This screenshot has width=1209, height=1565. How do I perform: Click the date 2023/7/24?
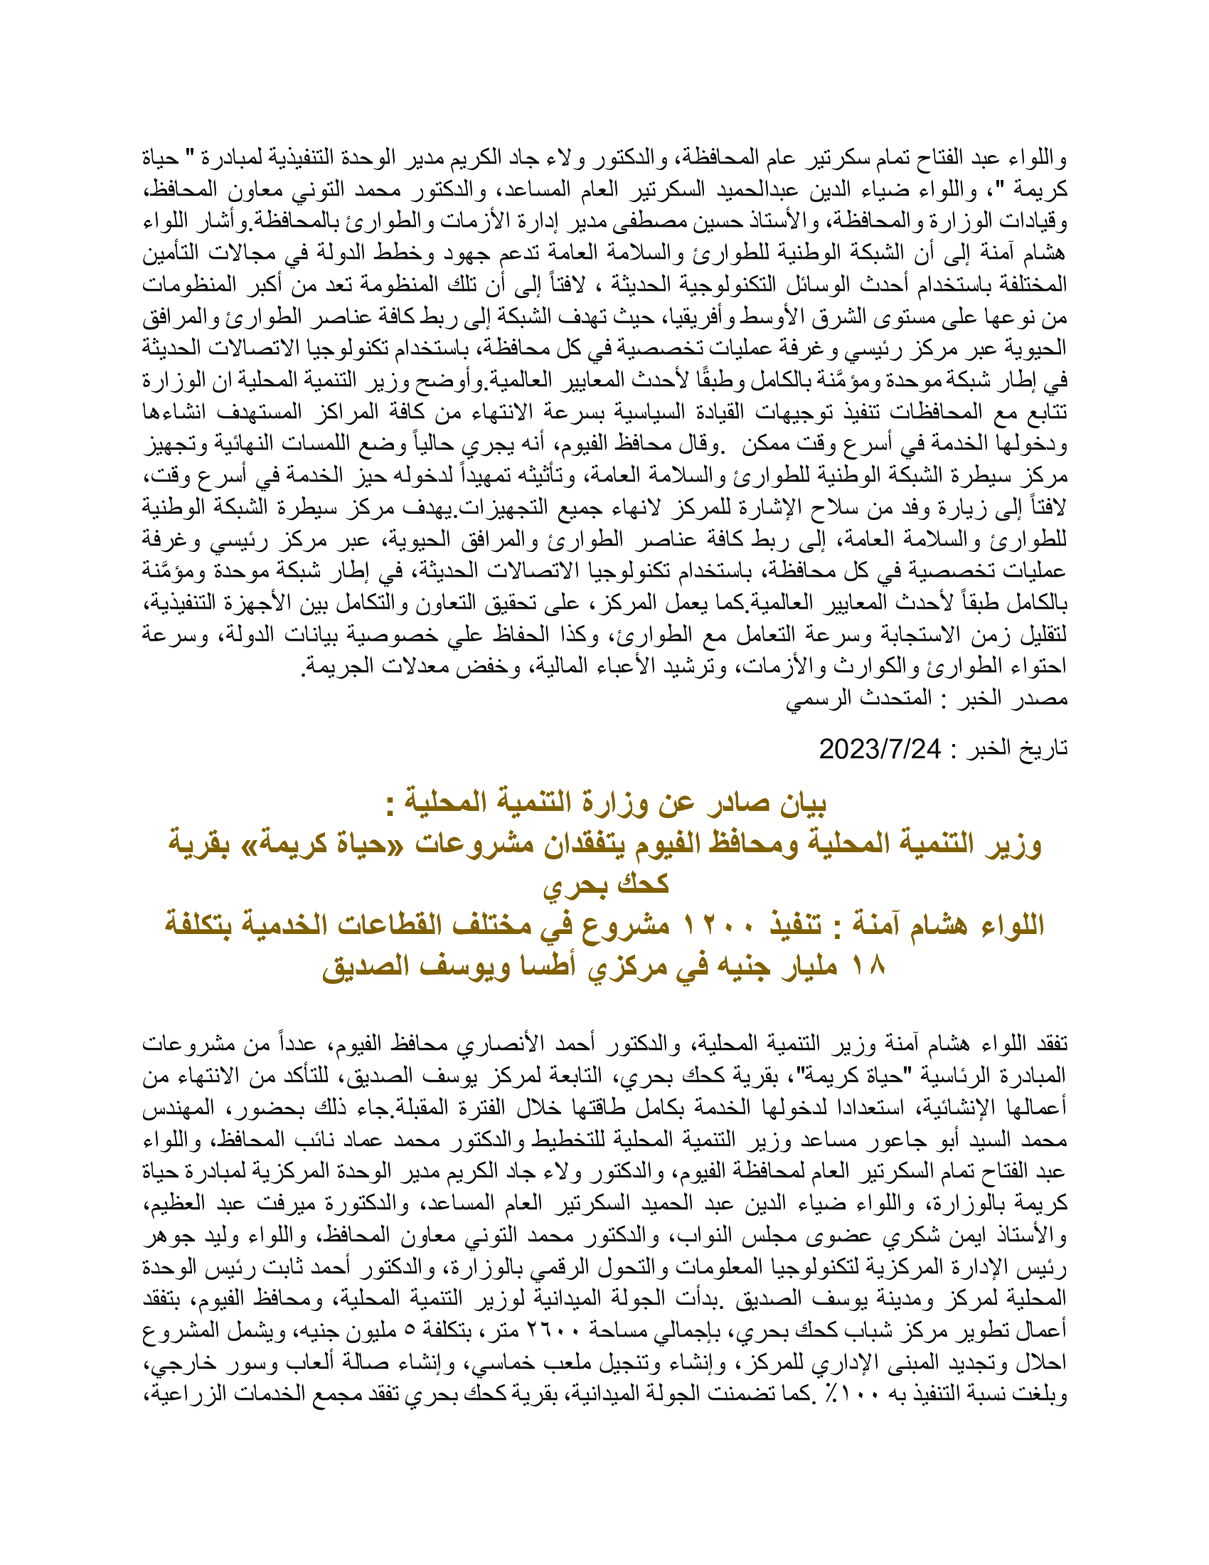pyautogui.click(x=880, y=749)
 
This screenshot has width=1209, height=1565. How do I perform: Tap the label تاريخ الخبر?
pyautogui.click(x=1017, y=749)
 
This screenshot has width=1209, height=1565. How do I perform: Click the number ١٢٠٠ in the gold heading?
pyautogui.click(x=713, y=925)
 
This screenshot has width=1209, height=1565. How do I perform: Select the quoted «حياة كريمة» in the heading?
pyautogui.click(x=464, y=844)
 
